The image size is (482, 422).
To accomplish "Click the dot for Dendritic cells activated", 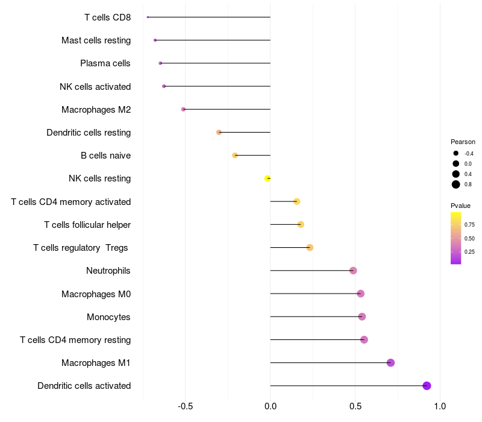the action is click(x=427, y=386).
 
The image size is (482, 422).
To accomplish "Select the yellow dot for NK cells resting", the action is click(x=268, y=178).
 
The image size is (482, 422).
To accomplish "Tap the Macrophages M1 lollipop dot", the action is click(x=390, y=363).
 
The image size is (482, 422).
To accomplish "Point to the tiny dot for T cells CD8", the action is click(x=148, y=17).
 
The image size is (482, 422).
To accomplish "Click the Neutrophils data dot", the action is click(x=353, y=271).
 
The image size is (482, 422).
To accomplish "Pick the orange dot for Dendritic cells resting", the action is click(x=219, y=132).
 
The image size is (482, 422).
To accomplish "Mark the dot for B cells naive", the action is click(x=235, y=156).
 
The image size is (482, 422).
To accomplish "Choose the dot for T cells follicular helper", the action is click(x=301, y=224).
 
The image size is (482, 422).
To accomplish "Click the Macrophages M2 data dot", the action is click(x=184, y=109).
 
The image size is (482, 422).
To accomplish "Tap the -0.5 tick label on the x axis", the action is click(x=186, y=406).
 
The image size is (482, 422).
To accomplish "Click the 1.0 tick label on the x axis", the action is click(x=440, y=406).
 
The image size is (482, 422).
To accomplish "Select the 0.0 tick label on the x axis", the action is click(x=271, y=406).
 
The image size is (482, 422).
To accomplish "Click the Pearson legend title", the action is click(x=463, y=142).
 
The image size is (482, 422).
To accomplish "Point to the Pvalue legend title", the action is click(x=460, y=206).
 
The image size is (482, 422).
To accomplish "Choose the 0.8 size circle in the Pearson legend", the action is click(x=456, y=184).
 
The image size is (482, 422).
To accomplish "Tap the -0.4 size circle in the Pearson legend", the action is click(x=456, y=153).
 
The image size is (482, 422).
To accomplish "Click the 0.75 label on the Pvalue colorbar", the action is click(x=469, y=225).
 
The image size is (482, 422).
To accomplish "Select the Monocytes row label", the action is click(x=108, y=317).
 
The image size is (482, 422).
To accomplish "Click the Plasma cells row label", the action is click(x=105, y=63).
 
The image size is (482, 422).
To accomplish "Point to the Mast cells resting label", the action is click(x=96, y=40).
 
